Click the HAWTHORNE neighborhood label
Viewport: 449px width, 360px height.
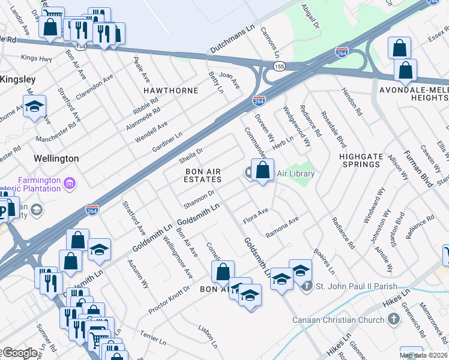170,90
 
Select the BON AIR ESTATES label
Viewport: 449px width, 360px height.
202,175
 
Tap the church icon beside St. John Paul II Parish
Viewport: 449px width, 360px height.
307,286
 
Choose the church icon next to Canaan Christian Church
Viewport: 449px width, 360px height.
394,319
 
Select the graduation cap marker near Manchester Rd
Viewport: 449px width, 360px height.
35,106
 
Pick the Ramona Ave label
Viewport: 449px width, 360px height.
282,227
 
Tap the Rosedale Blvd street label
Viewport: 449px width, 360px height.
333,130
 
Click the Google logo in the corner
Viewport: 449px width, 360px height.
20,353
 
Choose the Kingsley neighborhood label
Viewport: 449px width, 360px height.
17,79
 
